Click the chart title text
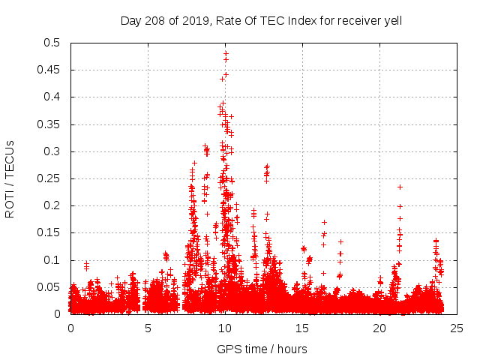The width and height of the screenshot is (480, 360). click(261, 21)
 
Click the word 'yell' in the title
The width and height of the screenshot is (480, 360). click(391, 21)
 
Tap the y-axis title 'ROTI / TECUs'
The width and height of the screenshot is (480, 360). click(10, 178)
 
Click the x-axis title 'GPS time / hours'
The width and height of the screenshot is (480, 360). click(261, 349)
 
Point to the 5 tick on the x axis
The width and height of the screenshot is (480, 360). click(148, 328)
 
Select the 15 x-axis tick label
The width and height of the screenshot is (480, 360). click(302, 328)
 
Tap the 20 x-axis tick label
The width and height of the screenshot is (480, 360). click(379, 328)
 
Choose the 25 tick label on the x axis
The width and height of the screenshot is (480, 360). click(457, 328)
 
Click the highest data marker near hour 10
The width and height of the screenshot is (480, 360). click(226, 52)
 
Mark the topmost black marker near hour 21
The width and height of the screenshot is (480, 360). click(400, 187)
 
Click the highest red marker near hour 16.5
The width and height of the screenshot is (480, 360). click(324, 222)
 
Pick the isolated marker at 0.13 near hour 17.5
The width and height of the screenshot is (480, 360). click(340, 242)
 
